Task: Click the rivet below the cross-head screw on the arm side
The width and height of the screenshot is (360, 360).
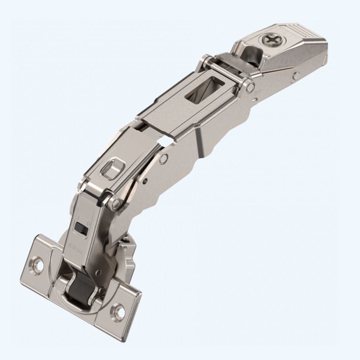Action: (295, 75)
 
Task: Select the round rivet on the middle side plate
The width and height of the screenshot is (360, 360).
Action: (163, 159)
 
